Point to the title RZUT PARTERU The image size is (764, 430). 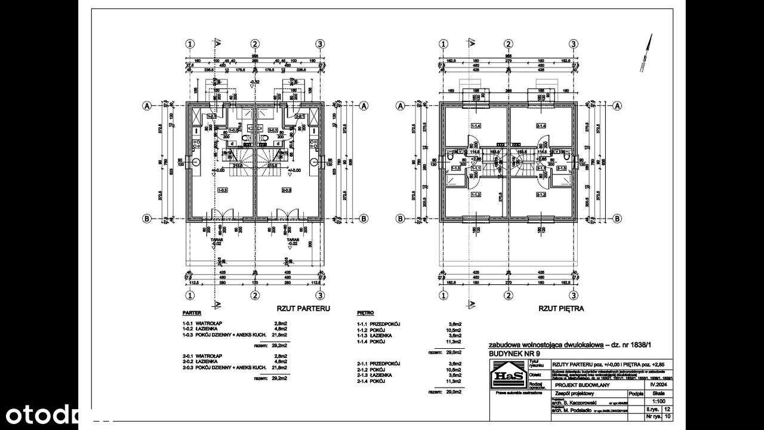[303, 309]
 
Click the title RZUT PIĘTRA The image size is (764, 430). [561, 309]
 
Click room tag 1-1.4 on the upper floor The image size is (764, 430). [476, 126]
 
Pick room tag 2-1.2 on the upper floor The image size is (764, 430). [541, 195]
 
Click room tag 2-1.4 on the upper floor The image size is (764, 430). [541, 126]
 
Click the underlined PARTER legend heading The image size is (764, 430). [192, 312]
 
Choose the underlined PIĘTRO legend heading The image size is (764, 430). [365, 312]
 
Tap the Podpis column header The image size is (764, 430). [635, 394]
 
